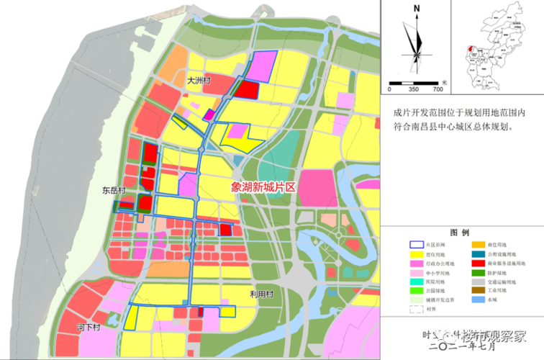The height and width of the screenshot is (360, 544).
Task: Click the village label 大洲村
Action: point(197,81)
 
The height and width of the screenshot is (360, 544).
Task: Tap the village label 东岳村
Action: point(114,192)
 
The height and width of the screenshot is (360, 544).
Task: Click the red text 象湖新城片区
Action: point(264,186)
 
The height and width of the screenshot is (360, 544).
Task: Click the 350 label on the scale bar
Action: point(413,90)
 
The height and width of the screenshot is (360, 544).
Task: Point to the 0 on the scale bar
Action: point(389,90)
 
